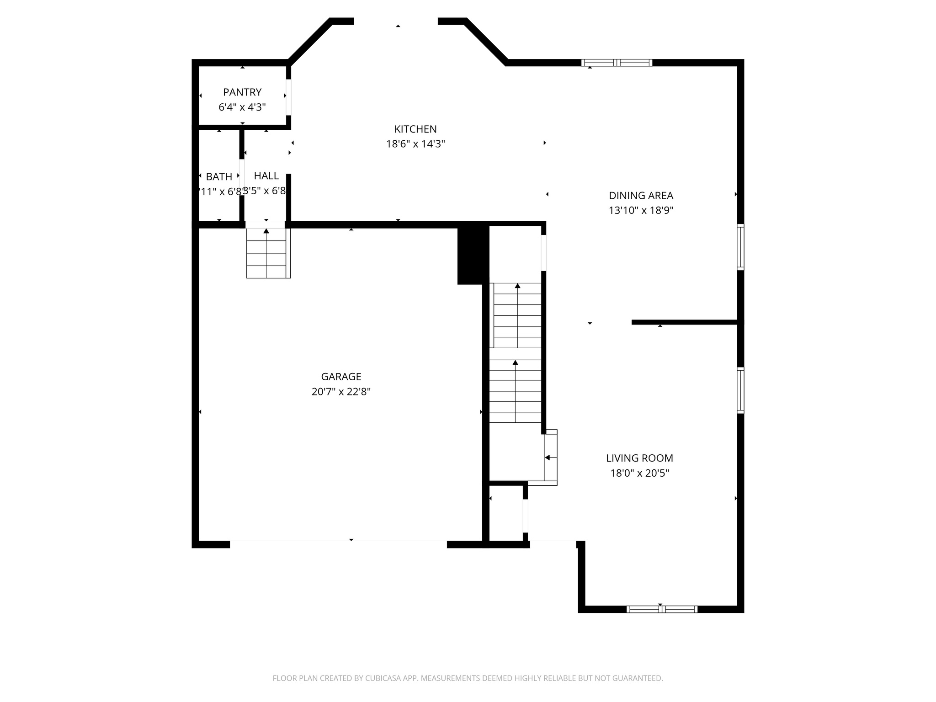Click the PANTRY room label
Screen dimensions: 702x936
pos(242,92)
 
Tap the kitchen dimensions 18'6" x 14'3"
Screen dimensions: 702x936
pos(415,144)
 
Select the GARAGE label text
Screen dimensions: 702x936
pos(341,377)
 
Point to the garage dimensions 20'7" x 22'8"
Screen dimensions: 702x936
pos(341,392)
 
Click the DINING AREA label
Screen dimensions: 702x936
pos(641,196)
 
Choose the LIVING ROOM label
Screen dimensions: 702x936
pos(639,458)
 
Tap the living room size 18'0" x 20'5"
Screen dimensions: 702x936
pos(639,473)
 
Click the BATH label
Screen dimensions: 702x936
pos(219,176)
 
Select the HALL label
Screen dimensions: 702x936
pos(266,175)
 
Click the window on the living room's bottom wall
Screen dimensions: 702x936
pos(661,609)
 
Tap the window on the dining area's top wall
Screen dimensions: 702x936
pos(617,63)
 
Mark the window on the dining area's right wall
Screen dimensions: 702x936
pos(740,247)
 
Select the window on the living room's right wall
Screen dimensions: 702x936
pos(740,390)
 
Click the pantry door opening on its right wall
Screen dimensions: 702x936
pos(288,97)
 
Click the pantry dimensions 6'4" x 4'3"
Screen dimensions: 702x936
pos(242,107)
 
